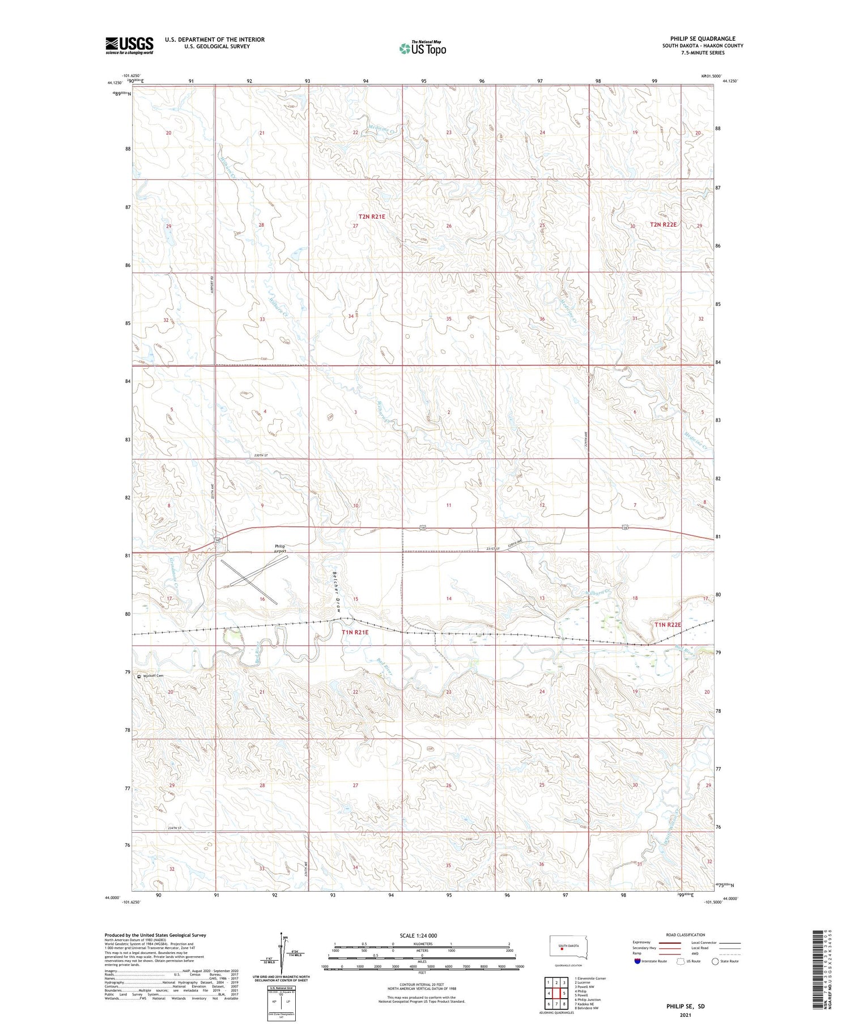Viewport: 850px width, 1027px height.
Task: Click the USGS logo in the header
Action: click(x=129, y=45)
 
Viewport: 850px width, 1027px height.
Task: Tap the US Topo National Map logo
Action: click(x=422, y=48)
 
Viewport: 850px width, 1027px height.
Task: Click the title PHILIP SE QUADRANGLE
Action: click(x=703, y=39)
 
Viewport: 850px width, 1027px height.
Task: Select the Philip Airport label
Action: click(x=280, y=548)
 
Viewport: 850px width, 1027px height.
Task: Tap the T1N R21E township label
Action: click(x=355, y=632)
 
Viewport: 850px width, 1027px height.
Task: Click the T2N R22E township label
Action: click(x=663, y=224)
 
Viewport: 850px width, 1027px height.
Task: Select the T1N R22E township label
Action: click(x=668, y=624)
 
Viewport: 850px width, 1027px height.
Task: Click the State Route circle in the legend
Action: click(x=716, y=961)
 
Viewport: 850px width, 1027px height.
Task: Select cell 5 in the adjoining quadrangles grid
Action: click(x=564, y=993)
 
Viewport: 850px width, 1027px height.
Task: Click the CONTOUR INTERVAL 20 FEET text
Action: click(x=422, y=985)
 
